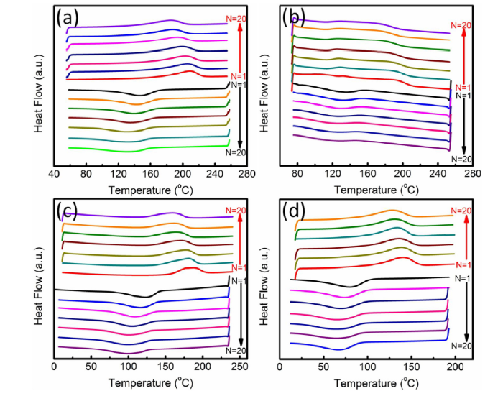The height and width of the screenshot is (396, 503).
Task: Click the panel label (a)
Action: [x=68, y=19]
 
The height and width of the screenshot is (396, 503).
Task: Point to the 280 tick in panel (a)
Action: [x=246, y=174]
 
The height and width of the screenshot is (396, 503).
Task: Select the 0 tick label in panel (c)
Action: [x=55, y=367]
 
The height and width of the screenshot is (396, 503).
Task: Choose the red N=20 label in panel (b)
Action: [x=461, y=25]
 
